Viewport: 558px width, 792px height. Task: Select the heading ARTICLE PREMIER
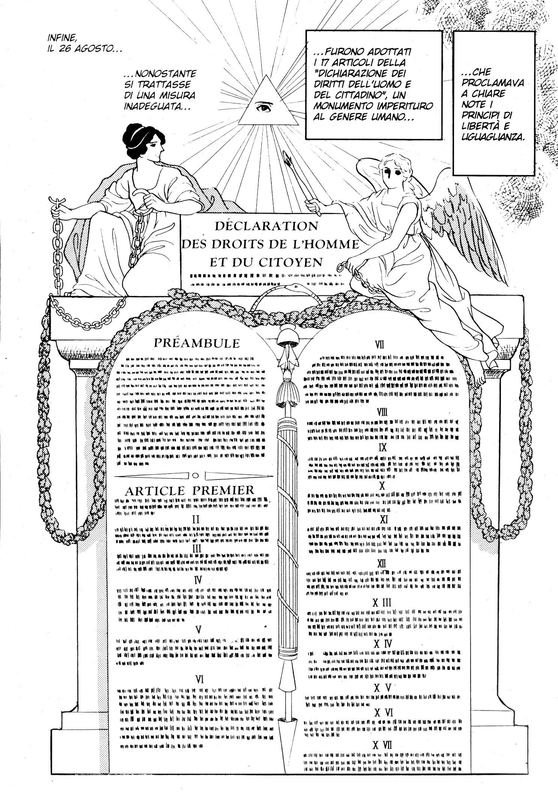[x=190, y=490]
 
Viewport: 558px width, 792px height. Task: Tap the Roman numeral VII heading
[x=380, y=345]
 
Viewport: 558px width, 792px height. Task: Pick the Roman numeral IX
[x=382, y=447]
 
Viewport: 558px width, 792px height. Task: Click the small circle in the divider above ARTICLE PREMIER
[x=194, y=475]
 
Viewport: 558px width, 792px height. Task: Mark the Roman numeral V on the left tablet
[x=199, y=629]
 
